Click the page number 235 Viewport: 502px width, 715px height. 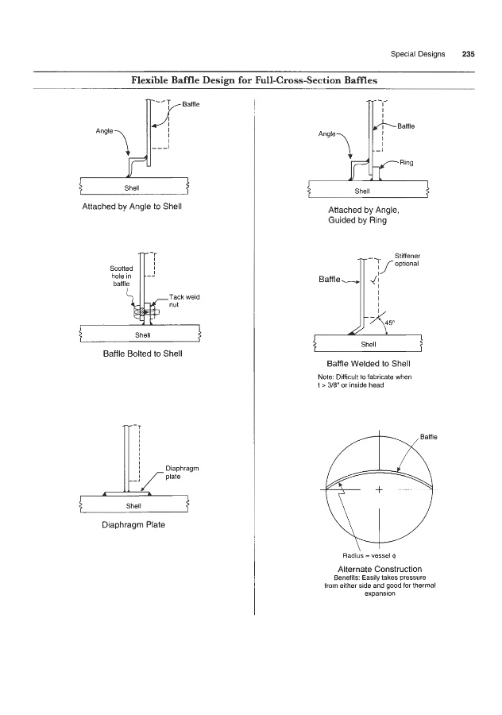point(468,55)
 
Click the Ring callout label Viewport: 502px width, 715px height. point(406,163)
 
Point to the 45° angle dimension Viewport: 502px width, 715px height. point(389,323)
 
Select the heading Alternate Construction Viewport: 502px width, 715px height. point(380,569)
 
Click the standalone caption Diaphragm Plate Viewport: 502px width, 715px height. point(133,524)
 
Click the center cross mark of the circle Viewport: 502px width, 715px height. point(380,489)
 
